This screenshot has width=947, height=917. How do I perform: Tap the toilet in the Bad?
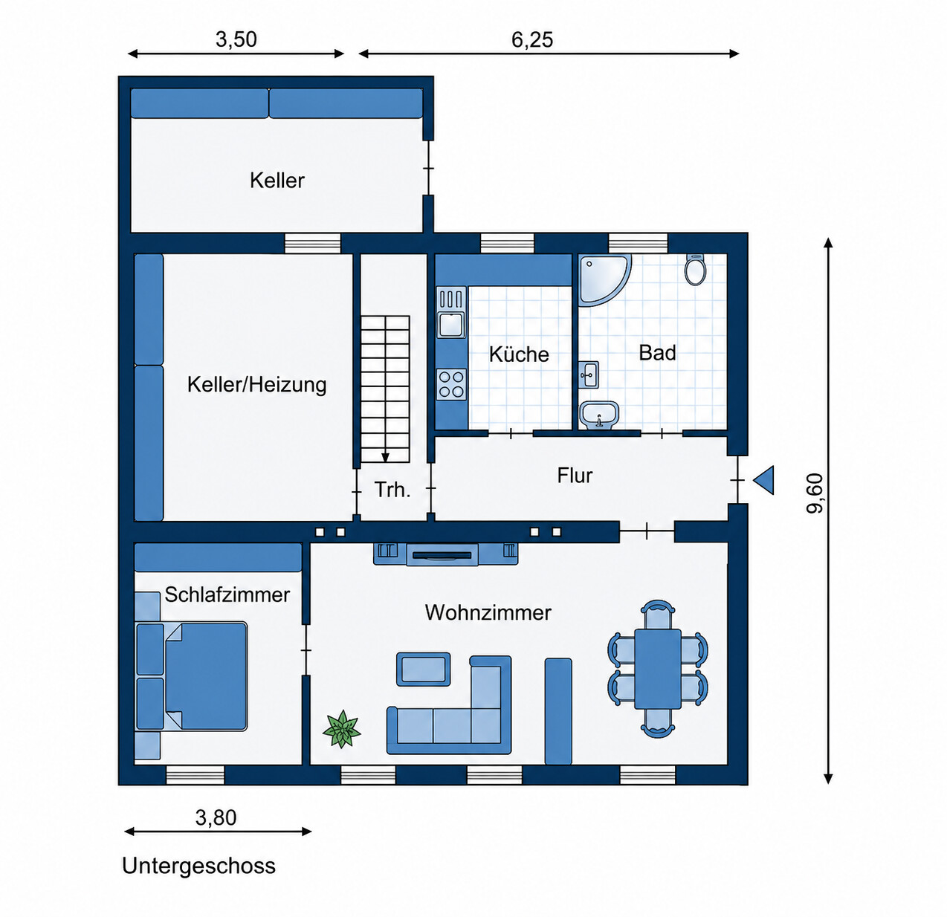(x=696, y=269)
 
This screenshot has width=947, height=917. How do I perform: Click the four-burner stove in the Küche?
(x=451, y=384)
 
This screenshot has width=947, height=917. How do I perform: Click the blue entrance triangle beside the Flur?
(x=763, y=479)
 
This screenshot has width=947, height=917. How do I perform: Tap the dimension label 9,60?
(x=815, y=493)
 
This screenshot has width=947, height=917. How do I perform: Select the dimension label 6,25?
(x=532, y=40)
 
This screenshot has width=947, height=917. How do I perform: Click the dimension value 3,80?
(x=216, y=817)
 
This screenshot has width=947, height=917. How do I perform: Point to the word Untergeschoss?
(x=198, y=866)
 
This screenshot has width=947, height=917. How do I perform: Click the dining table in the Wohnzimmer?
(x=657, y=669)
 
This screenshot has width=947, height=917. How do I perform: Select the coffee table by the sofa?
(x=423, y=669)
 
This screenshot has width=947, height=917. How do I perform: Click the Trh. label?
(x=392, y=490)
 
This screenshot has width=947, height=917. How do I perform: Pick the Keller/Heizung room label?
(x=256, y=384)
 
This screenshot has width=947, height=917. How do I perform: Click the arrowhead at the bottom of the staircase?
(x=385, y=458)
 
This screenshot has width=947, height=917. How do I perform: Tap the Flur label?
(x=575, y=476)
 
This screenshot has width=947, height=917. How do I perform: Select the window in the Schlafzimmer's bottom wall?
(x=195, y=775)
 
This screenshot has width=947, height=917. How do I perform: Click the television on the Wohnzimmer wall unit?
(x=442, y=555)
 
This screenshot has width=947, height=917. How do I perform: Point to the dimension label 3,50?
(x=236, y=40)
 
